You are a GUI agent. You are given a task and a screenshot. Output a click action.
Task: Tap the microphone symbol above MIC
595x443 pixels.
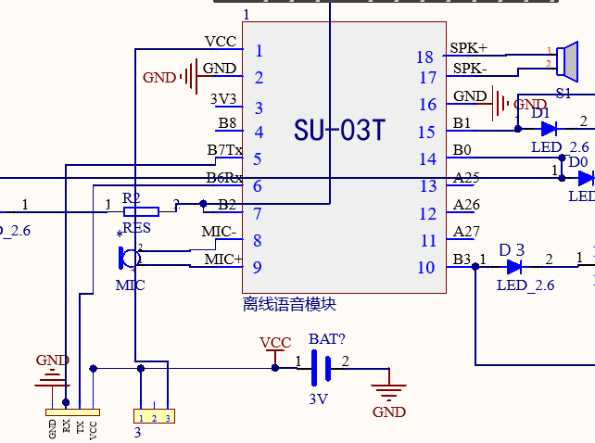(124, 256)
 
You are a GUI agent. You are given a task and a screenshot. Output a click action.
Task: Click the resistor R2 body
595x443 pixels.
(141, 211)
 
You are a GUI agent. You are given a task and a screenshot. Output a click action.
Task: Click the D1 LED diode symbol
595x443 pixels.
(547, 129)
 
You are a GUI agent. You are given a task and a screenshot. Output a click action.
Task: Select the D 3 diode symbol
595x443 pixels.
(514, 266)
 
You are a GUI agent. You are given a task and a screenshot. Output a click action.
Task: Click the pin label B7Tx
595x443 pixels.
(225, 150)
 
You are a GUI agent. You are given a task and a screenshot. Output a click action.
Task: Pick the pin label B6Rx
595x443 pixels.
(225, 178)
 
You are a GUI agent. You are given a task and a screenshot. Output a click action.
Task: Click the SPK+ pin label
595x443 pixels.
(468, 47)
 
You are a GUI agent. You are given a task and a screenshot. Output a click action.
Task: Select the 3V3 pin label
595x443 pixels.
(223, 99)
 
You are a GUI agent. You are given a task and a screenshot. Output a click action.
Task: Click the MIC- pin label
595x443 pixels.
(219, 232)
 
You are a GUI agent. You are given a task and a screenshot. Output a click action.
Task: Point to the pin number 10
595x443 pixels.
(425, 269)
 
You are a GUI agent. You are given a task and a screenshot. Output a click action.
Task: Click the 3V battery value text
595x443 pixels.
(319, 399)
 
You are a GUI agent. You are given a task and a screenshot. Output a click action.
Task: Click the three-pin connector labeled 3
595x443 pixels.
(154, 418)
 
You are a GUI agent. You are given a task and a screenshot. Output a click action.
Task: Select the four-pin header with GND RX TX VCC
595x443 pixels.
(73, 411)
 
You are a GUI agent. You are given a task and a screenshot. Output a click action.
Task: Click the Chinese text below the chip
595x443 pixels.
(289, 303)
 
